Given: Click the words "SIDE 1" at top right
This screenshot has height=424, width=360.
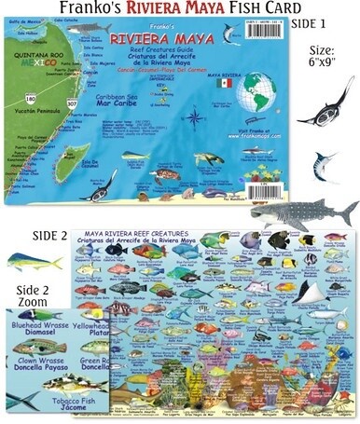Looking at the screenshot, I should pos(325,22).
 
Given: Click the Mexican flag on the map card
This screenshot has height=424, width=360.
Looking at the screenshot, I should pos(225,83).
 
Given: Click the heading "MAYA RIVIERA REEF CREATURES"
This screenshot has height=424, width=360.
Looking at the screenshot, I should pos(163,233).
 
